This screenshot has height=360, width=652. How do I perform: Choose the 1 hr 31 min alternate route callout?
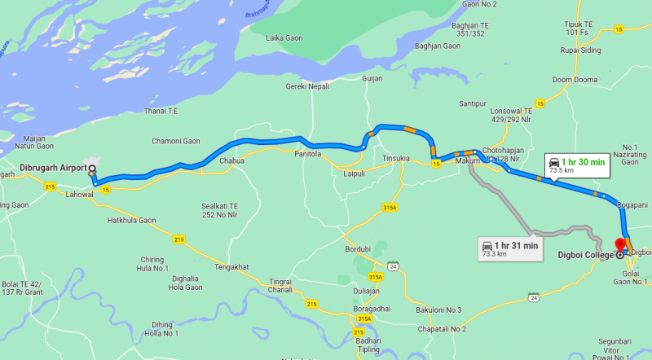pos(510,248)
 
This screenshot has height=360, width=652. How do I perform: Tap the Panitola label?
pos(307,154)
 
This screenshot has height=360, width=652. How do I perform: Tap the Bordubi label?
pos(358,249)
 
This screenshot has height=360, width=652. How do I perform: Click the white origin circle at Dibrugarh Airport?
pos(91,169)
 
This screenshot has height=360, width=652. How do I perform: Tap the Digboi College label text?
pos(585,255)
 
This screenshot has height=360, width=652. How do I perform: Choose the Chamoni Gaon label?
pos(175,142)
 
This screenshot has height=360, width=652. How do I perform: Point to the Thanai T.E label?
pos(161,111)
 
